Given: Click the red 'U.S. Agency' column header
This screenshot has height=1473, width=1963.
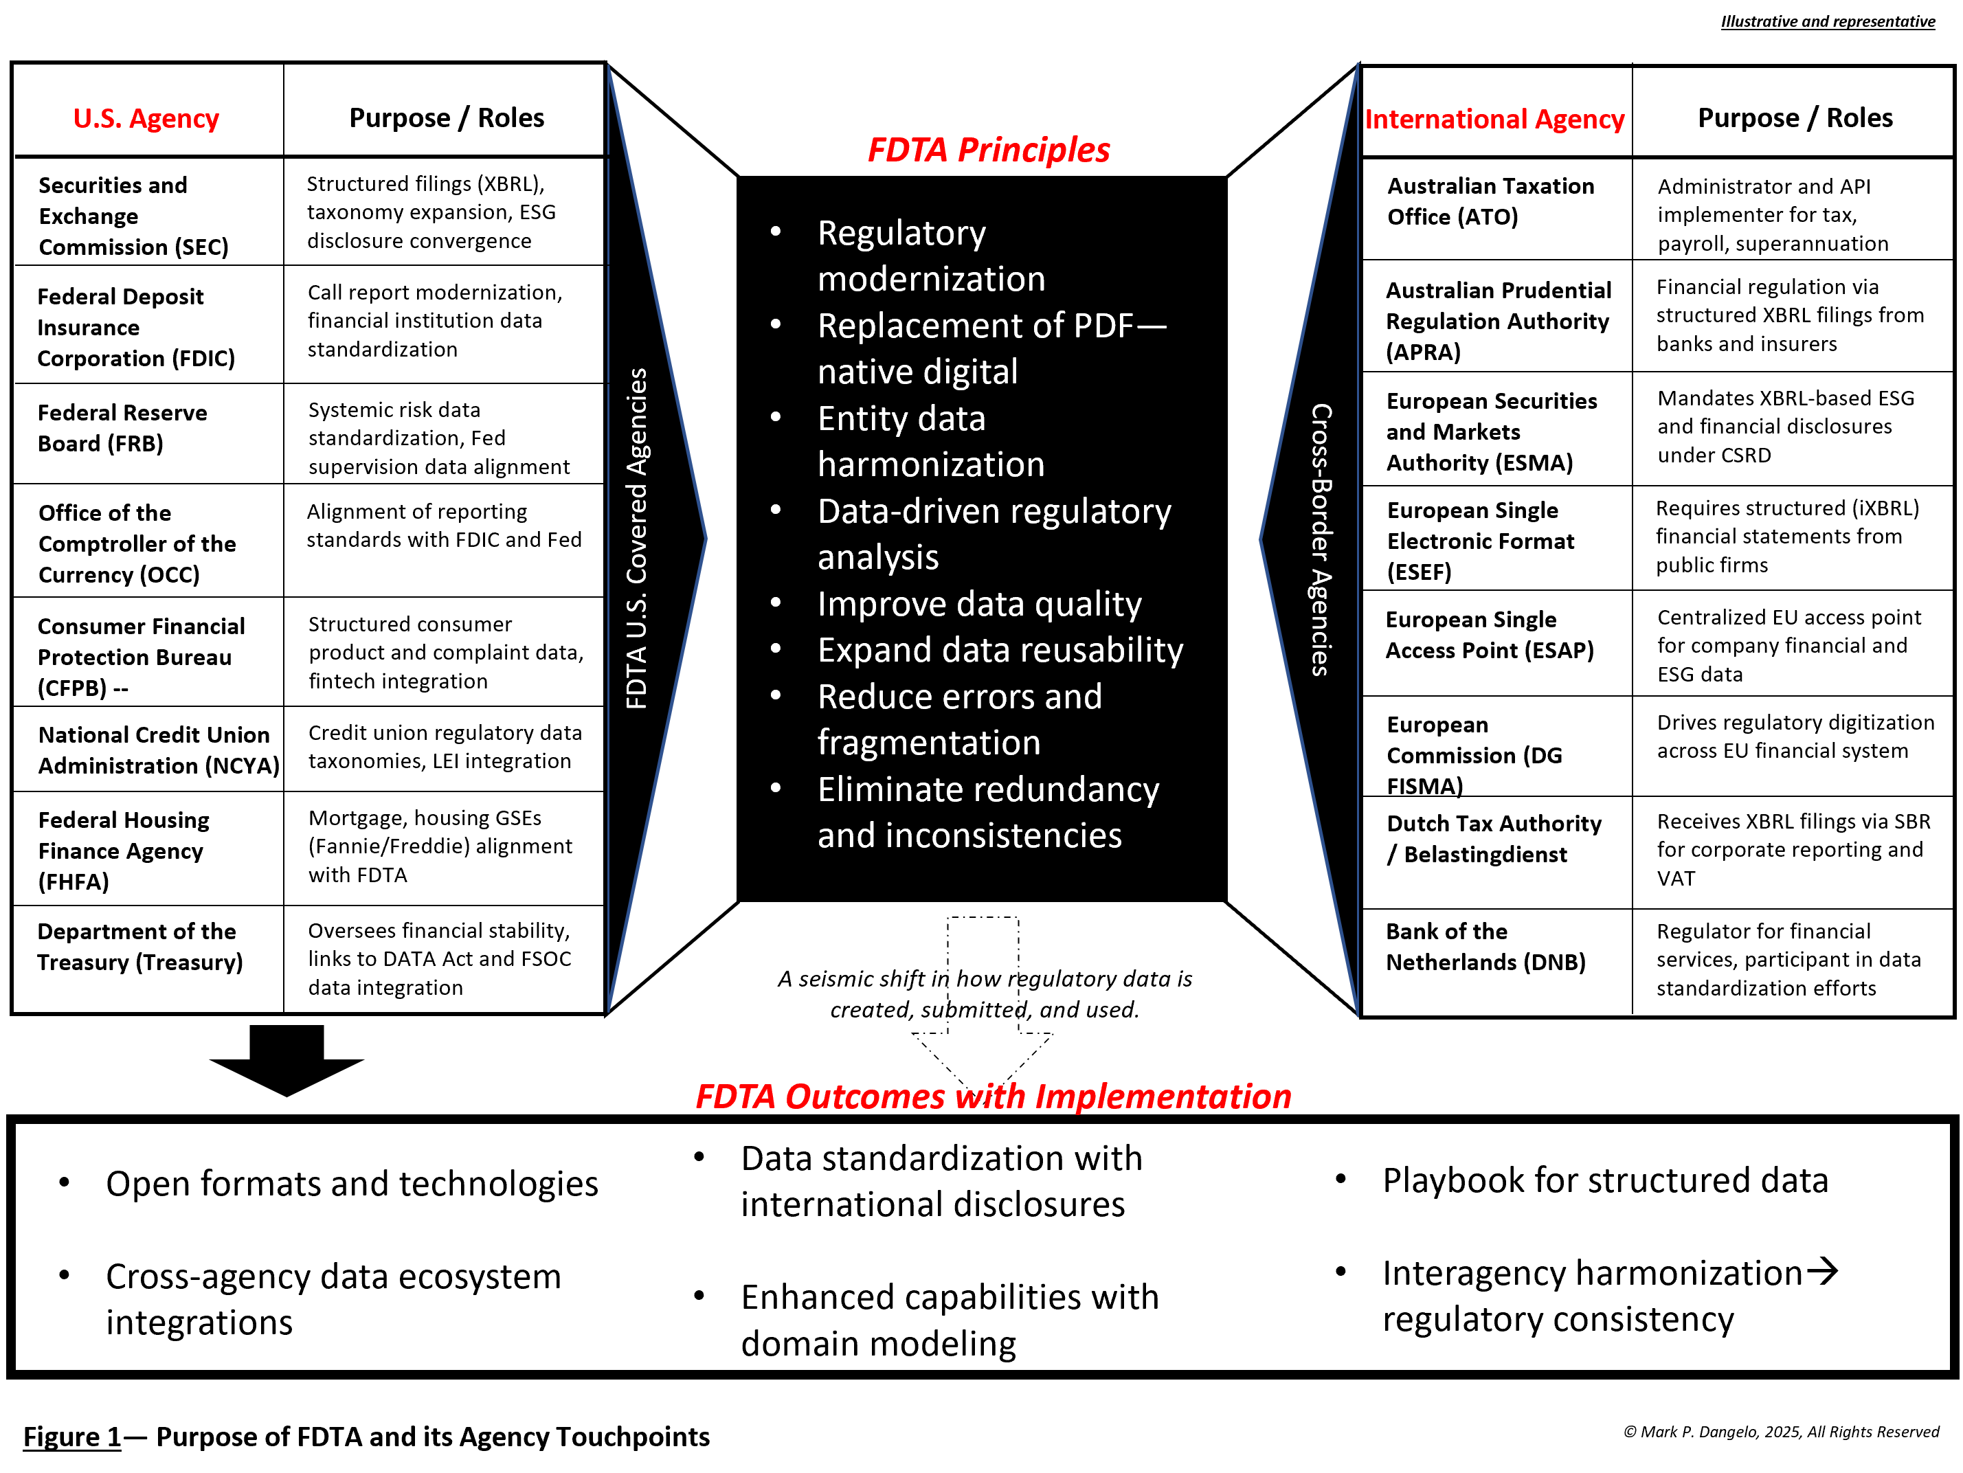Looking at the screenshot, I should [146, 118].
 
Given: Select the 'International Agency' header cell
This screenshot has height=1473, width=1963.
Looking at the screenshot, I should [1494, 119].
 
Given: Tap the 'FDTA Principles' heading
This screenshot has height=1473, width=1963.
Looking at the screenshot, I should [988, 150].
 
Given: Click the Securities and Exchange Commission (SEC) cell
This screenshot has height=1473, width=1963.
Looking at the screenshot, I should [133, 216].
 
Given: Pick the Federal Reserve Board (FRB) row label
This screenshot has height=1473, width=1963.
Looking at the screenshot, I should [122, 428].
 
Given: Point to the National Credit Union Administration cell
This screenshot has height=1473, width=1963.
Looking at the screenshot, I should [158, 750].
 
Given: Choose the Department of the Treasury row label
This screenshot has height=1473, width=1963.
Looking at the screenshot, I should [139, 947].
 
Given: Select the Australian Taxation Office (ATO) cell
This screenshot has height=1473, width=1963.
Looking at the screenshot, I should [1490, 201].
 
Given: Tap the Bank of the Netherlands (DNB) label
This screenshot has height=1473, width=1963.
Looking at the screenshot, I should [1485, 947].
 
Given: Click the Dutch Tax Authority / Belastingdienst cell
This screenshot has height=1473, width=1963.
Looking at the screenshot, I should [1494, 839].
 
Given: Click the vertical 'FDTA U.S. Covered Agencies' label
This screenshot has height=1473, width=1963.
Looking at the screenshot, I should [636, 538].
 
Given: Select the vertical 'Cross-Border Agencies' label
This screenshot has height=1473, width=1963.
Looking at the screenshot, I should [1321, 539].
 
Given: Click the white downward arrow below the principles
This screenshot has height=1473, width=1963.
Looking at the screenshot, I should [983, 1011].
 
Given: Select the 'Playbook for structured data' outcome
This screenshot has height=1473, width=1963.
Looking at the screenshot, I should [1604, 1180].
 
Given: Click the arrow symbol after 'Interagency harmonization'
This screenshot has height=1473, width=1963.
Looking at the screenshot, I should [1822, 1271].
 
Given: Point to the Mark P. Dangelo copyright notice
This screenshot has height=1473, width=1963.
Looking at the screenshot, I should [1780, 1431].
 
